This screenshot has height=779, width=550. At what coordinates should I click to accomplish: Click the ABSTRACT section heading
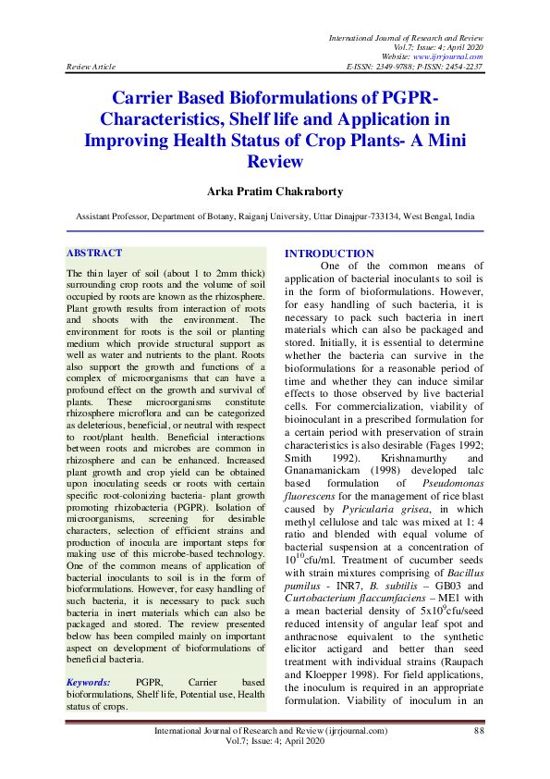coord(94,253)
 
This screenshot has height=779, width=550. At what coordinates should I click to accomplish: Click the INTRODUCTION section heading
coord(329,253)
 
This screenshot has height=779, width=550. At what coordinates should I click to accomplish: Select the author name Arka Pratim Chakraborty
coord(275,192)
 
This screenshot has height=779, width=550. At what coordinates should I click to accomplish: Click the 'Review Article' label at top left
coord(90,68)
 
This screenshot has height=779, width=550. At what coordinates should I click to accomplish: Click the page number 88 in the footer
coord(479,731)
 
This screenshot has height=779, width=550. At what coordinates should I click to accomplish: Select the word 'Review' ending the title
coord(275,161)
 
